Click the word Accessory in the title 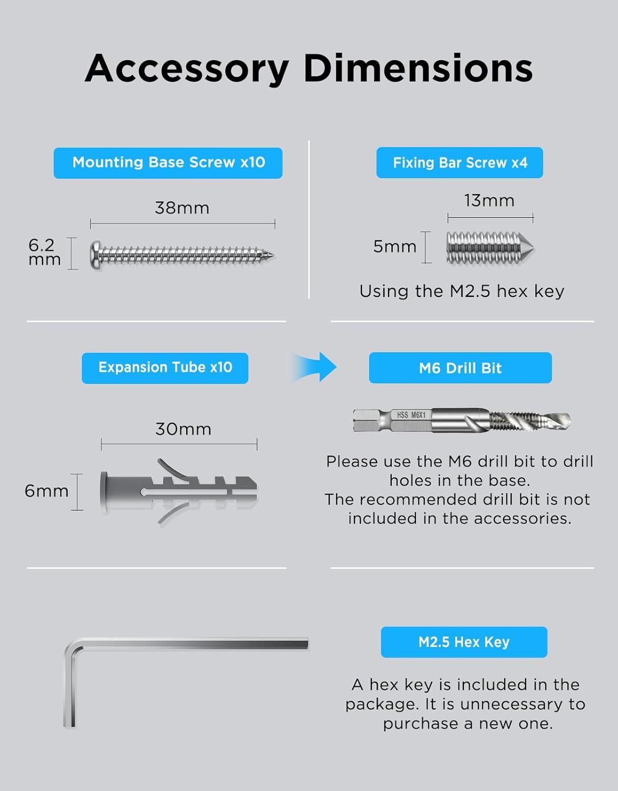tap(187, 69)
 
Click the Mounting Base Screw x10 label tap(168, 163)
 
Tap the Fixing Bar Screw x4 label tap(460, 163)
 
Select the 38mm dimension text tap(182, 208)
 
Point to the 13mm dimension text tap(489, 200)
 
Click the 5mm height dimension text tap(395, 246)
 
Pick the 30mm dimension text tap(183, 429)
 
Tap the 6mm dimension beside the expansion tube tap(46, 491)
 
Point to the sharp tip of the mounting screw tap(274, 255)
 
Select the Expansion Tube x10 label tap(165, 368)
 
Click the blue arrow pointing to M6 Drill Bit tap(315, 367)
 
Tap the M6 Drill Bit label tap(460, 368)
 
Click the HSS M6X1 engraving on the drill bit tap(411, 415)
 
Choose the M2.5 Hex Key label tap(464, 642)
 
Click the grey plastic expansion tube tap(179, 492)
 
